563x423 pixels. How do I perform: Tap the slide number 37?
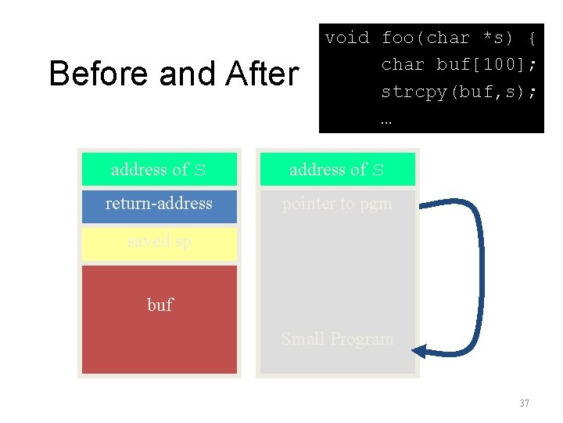[524, 403]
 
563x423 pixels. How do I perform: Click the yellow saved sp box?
[160, 243]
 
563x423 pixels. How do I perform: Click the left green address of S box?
[160, 169]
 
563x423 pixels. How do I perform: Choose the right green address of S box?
[337, 169]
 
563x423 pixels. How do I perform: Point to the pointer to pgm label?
[337, 204]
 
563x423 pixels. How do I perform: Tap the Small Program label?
[337, 339]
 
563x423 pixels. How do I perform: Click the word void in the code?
[347, 38]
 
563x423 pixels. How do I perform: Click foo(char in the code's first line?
[425, 38]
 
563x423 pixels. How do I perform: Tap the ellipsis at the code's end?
[386, 120]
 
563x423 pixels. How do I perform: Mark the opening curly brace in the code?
[532, 38]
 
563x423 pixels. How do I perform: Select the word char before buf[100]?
[403, 64]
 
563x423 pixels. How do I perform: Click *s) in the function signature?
[496, 38]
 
